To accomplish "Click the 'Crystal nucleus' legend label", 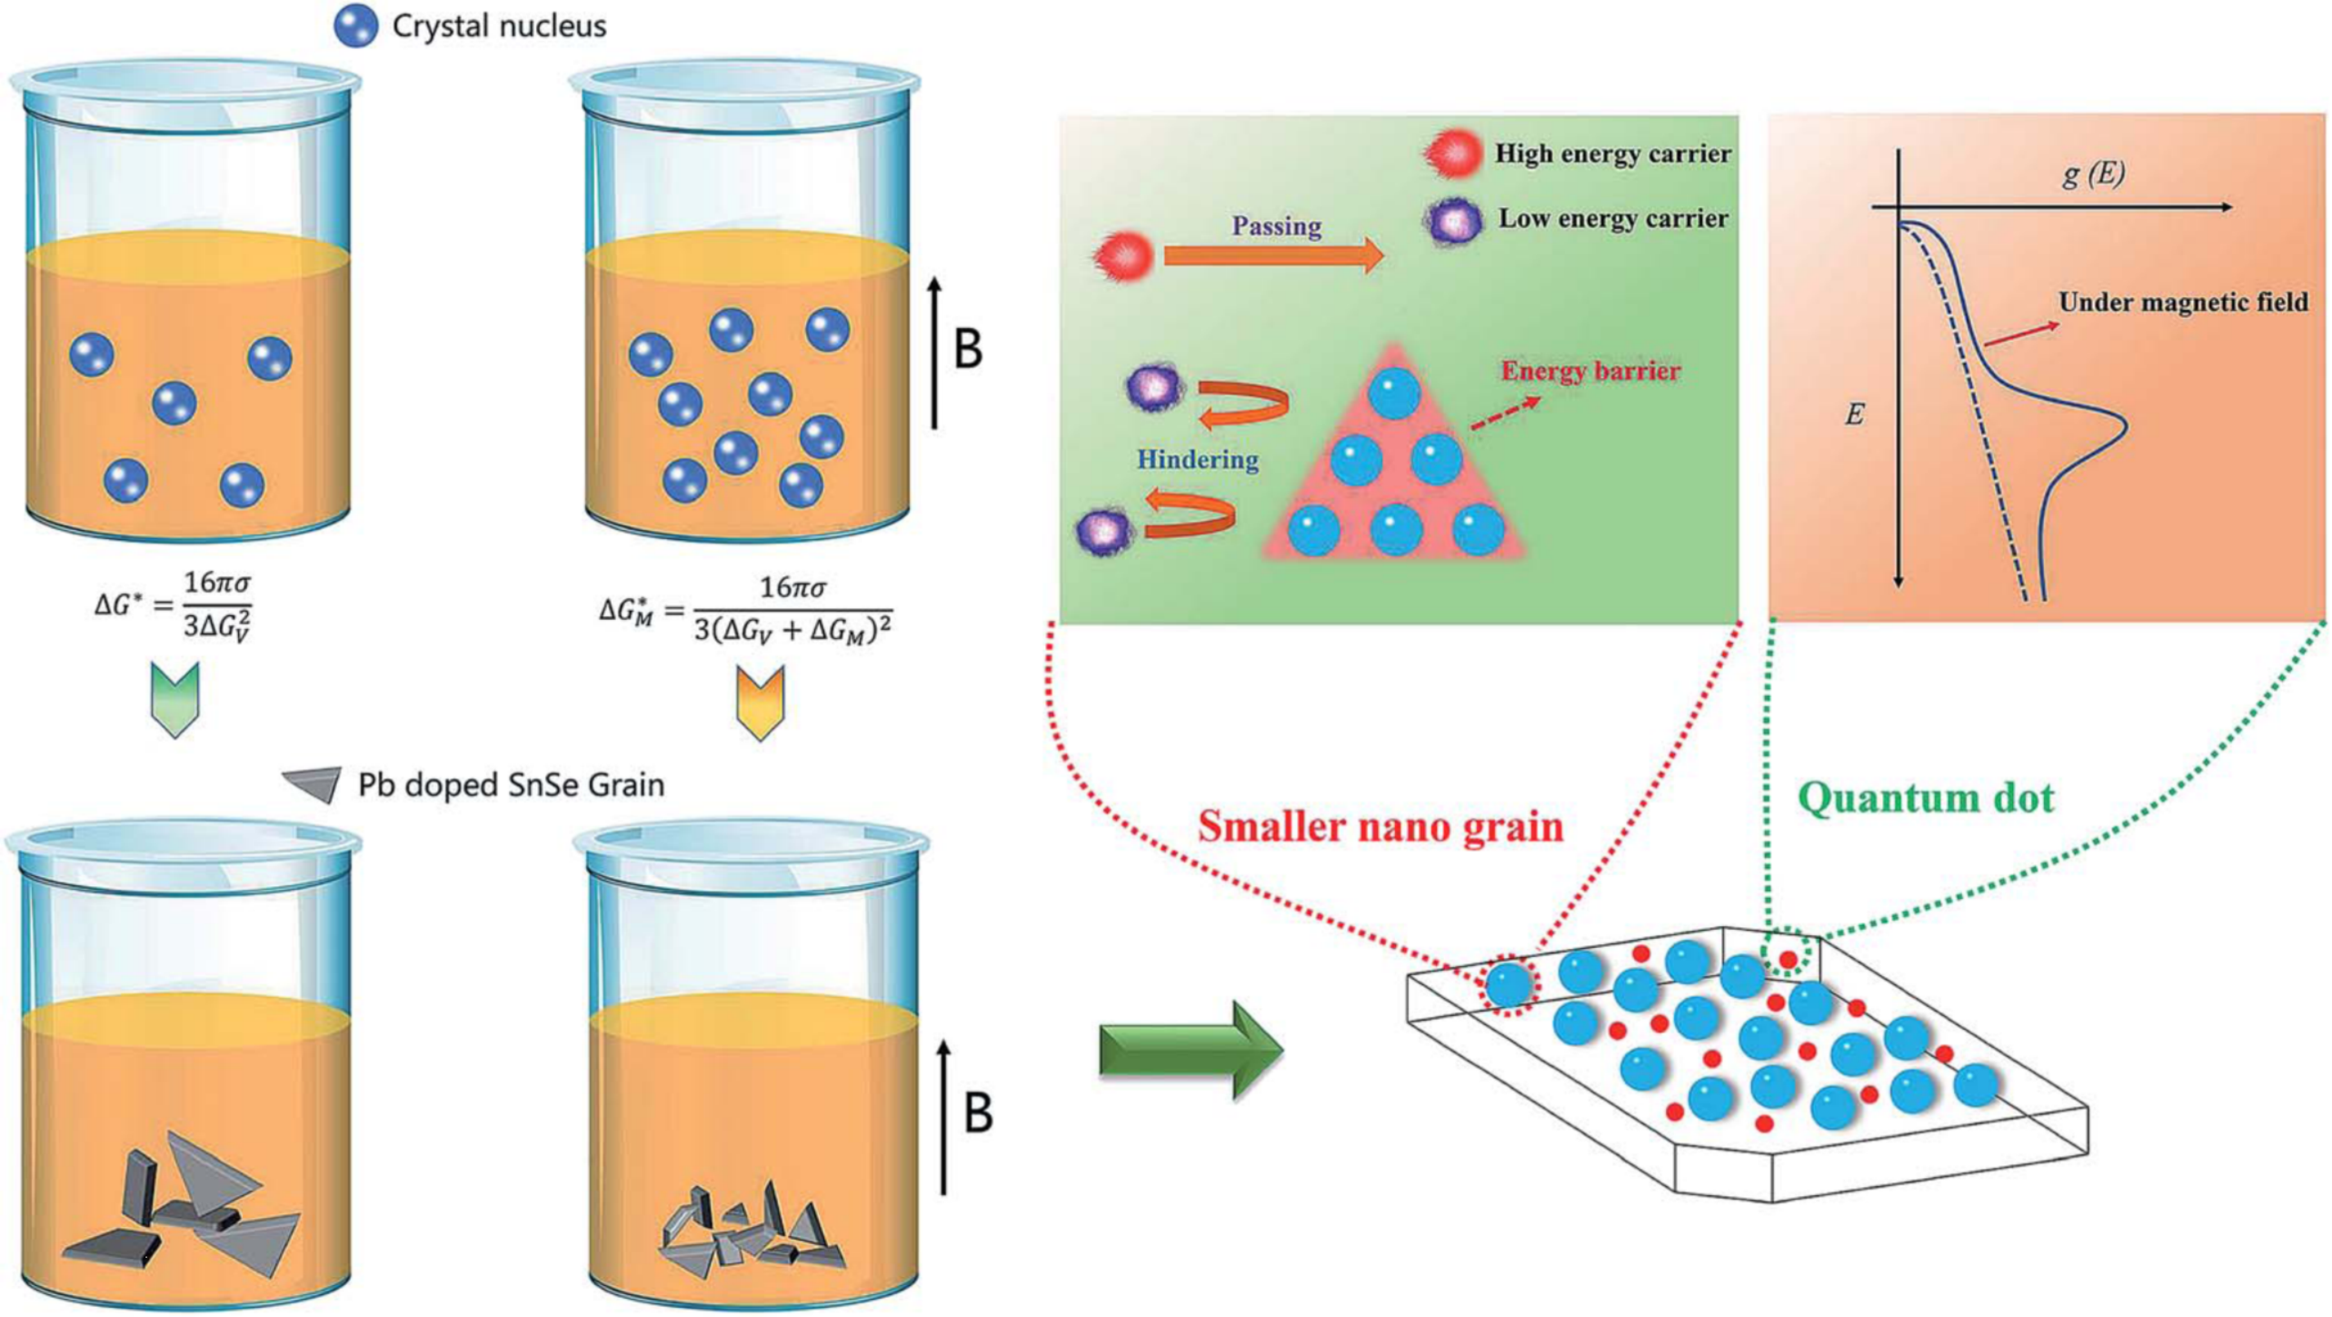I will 499,26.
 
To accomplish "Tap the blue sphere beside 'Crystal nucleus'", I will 356,26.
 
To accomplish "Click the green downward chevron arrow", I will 174,699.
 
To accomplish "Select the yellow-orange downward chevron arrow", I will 760,703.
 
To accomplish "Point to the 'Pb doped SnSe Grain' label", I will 511,784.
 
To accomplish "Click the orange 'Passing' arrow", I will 1272,256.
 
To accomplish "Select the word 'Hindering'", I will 1198,460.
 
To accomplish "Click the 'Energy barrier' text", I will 1590,372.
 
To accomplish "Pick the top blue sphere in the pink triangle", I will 1393,394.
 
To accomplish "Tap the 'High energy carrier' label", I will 1613,155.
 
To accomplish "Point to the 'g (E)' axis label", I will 2093,173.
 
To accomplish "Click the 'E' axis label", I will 1855,415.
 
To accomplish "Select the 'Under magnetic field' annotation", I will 2183,303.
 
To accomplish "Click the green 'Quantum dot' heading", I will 1926,798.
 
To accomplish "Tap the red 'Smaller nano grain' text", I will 1380,826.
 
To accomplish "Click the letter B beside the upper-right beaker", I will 969,350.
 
